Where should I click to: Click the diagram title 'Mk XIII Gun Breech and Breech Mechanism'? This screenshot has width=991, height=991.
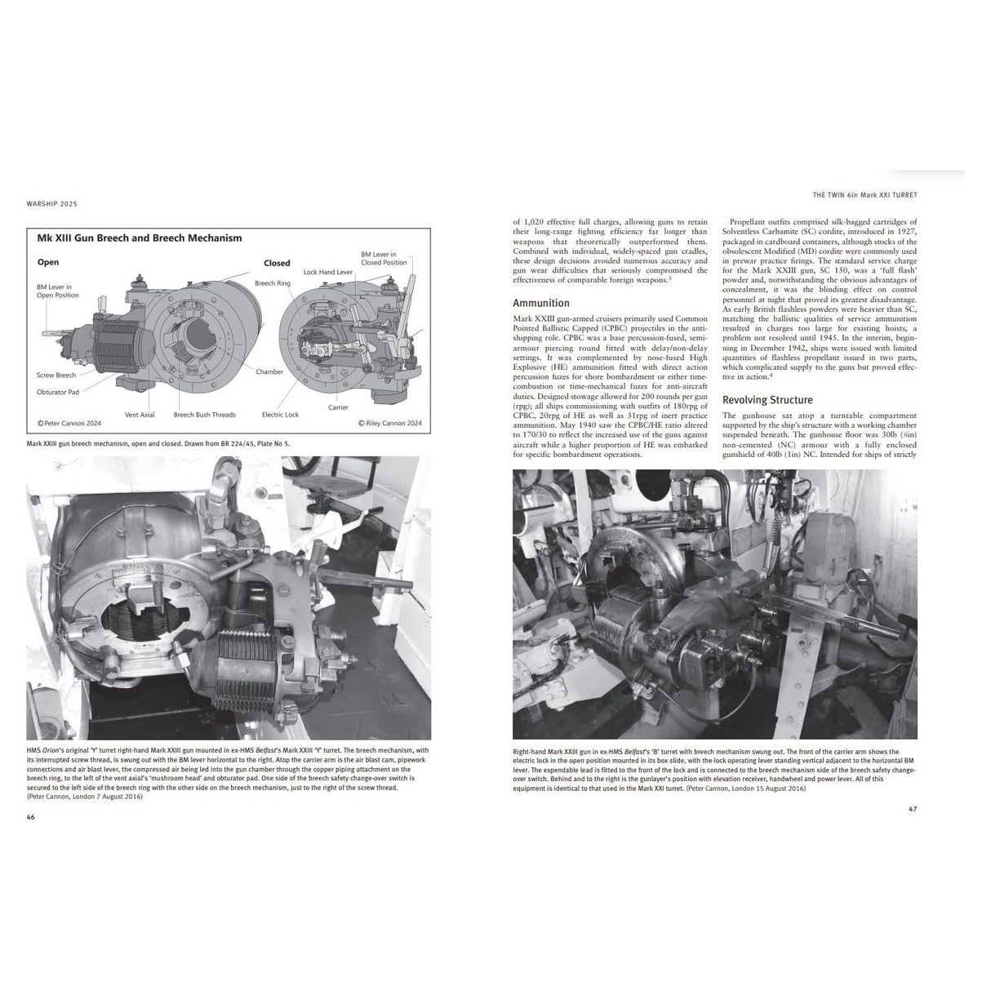pyautogui.click(x=140, y=238)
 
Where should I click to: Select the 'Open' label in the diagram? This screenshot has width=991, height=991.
pyautogui.click(x=48, y=263)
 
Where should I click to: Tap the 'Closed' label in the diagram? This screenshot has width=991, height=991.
pyautogui.click(x=277, y=264)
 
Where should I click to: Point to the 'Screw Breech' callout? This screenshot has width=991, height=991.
pyautogui.click(x=56, y=376)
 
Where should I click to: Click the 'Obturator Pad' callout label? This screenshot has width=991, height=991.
pyautogui.click(x=58, y=392)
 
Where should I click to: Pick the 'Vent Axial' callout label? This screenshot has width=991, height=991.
pyautogui.click(x=140, y=415)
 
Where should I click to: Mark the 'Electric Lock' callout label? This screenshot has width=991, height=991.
pyautogui.click(x=280, y=415)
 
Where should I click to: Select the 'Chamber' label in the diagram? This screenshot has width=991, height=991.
pyautogui.click(x=269, y=372)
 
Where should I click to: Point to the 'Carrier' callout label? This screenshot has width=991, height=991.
pyautogui.click(x=338, y=407)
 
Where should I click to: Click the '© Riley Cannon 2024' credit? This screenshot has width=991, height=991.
pyautogui.click(x=390, y=424)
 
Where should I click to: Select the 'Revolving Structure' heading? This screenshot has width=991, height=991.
pyautogui.click(x=767, y=400)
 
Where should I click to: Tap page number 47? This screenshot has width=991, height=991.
pyautogui.click(x=913, y=810)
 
